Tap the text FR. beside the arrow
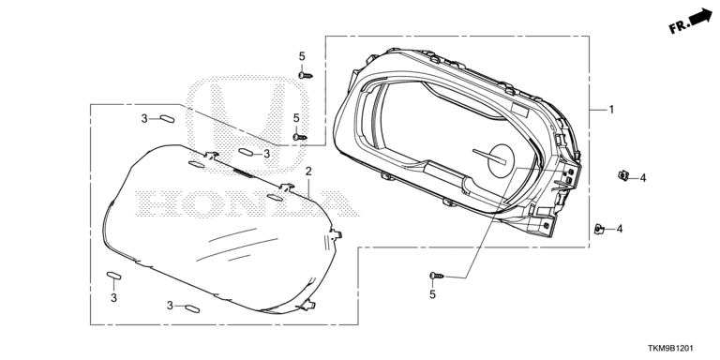679,27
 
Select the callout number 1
611,110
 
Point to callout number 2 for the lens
308,172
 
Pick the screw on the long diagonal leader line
437,276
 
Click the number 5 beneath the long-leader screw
432,294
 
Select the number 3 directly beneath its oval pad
113,298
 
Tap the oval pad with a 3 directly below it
113,275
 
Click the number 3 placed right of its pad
267,155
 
